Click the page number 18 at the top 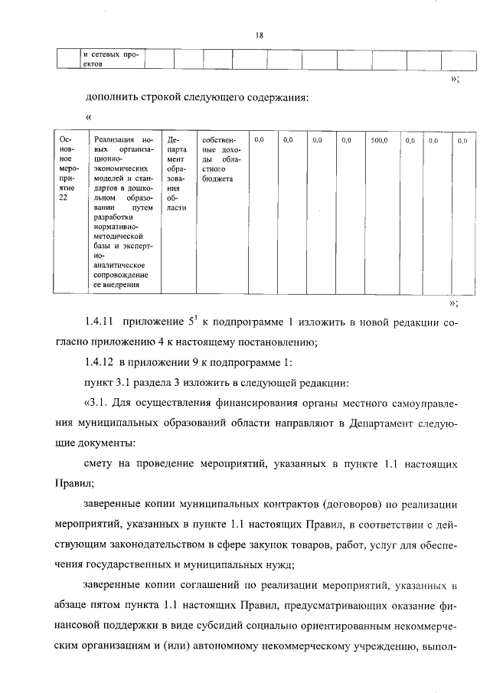[260, 35]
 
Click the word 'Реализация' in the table [113, 141]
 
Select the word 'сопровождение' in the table [121, 274]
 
